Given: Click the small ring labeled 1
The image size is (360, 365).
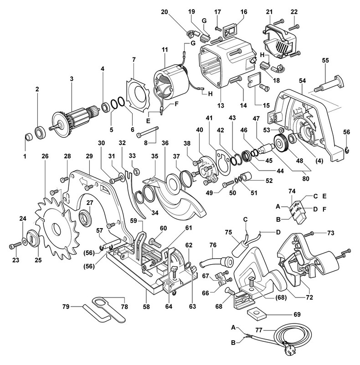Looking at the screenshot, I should click(28, 136).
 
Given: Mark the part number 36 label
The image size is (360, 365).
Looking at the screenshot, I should click(165, 143).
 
